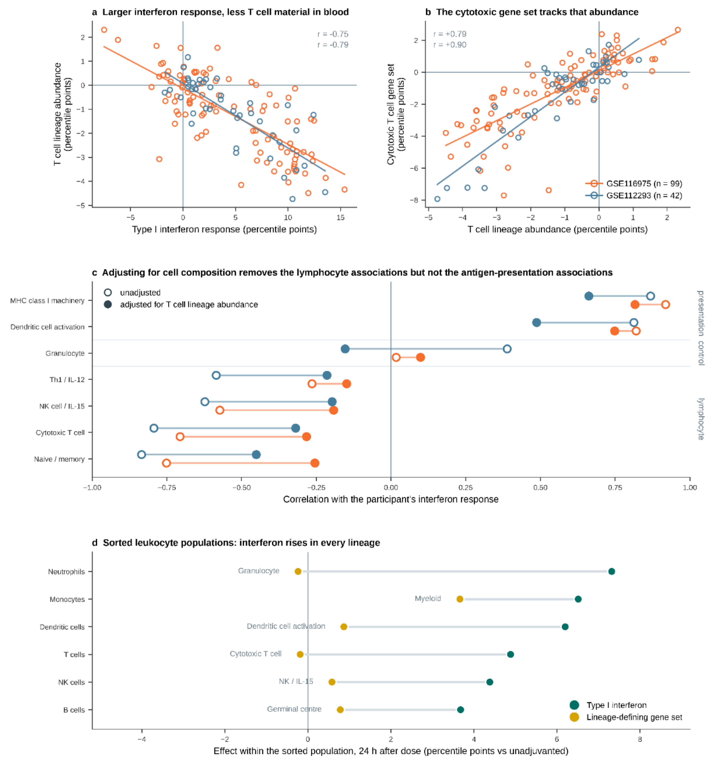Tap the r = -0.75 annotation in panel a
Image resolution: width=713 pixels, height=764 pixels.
333,34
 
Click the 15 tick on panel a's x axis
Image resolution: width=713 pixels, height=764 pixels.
340,218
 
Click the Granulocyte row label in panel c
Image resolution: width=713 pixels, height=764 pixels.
65,353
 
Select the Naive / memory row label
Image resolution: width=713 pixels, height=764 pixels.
59,459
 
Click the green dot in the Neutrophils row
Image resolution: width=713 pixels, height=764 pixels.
612,572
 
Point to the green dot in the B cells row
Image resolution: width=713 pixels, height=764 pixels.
460,709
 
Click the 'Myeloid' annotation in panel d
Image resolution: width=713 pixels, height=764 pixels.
428,598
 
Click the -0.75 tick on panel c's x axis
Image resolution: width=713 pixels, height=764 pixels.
167,487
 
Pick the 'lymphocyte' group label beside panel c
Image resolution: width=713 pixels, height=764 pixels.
701,419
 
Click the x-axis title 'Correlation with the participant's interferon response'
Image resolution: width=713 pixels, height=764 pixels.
391,499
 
